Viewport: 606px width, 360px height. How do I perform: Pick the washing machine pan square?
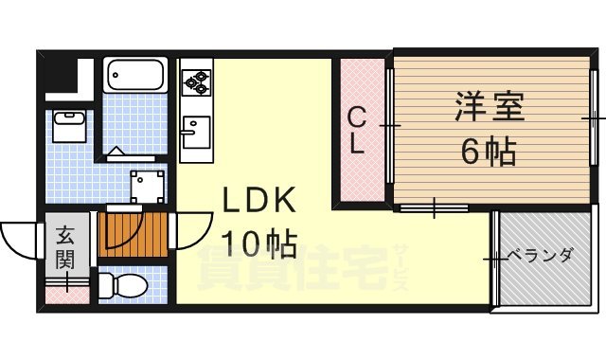[x=147, y=181]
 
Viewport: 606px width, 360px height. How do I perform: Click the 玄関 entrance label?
[x=64, y=248]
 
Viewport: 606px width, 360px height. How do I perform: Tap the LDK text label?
[x=260, y=201]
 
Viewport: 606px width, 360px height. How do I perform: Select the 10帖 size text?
[x=258, y=244]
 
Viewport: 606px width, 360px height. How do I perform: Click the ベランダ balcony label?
[x=540, y=255]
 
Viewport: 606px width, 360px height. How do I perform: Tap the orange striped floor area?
[x=132, y=233]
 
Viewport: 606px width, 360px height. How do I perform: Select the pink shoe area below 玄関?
[x=64, y=294]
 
